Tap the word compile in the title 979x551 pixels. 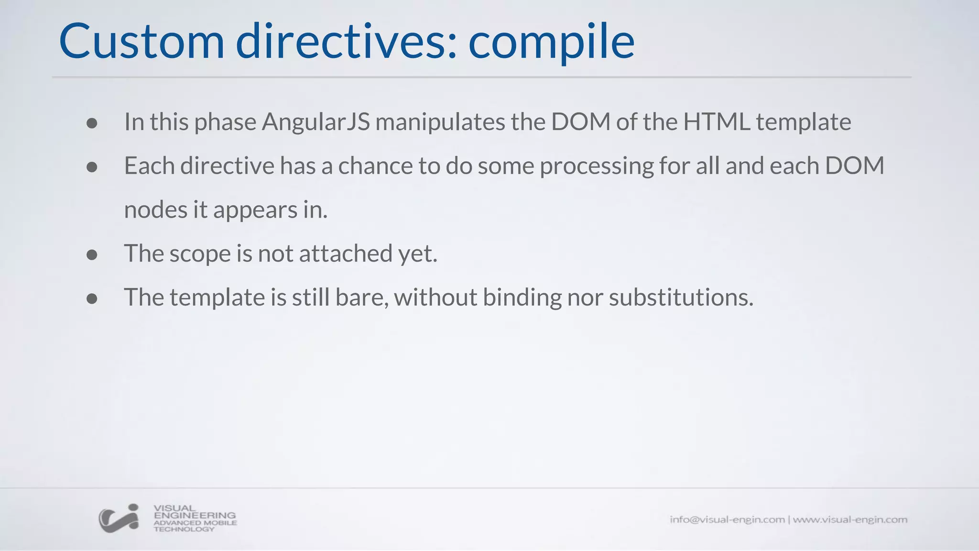[551, 42]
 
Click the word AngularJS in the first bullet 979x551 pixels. [315, 122]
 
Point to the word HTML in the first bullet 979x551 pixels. [717, 121]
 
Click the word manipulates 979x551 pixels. [440, 122]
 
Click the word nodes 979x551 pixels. [155, 210]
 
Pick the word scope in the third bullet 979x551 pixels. [200, 254]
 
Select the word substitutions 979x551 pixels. [681, 298]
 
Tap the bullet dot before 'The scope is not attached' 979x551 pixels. [92, 255]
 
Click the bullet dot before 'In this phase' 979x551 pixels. [92, 123]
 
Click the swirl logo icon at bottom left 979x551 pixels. [119, 518]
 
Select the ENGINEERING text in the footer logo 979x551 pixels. [195, 516]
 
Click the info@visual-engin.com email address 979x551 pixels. [727, 519]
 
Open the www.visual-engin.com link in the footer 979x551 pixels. [850, 519]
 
